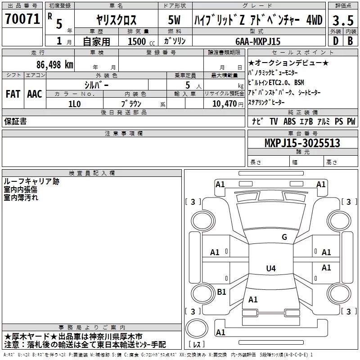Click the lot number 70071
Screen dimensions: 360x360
[x=22, y=19]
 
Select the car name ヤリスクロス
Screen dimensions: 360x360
[x=116, y=20]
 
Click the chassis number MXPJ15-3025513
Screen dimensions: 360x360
[x=302, y=143]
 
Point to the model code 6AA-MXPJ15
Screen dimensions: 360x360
[x=257, y=41]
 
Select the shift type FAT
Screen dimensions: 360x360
[x=13, y=94]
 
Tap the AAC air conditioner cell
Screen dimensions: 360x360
[x=34, y=94]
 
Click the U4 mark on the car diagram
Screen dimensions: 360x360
[x=271, y=269]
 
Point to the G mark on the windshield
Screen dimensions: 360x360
[x=284, y=237]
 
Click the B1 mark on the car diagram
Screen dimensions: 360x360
[x=221, y=292]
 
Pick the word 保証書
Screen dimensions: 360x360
[x=15, y=121]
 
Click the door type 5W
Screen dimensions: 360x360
[x=174, y=20]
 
